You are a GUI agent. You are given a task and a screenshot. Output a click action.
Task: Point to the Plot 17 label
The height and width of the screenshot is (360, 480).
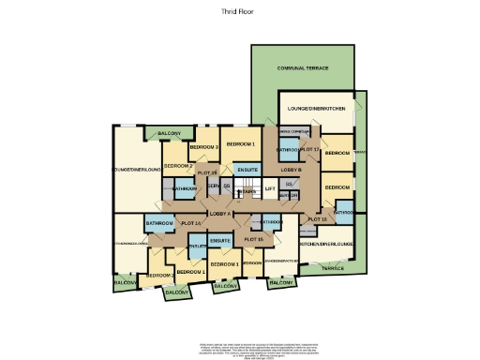pyautogui.click(x=310, y=150)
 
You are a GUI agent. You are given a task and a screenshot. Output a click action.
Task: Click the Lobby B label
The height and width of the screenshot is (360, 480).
pyautogui.click(x=290, y=169)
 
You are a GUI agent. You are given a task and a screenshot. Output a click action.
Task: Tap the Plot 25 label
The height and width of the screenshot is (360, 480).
pyautogui.click(x=207, y=173)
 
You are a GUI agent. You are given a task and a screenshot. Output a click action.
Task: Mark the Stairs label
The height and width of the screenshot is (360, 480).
pyautogui.click(x=247, y=191)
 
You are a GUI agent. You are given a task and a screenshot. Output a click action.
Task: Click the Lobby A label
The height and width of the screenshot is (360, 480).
pyautogui.click(x=220, y=215)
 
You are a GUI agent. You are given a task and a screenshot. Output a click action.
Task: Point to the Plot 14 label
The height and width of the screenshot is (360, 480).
pyautogui.click(x=191, y=223)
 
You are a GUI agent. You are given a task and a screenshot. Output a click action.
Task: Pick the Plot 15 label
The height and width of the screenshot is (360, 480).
pyautogui.click(x=253, y=240)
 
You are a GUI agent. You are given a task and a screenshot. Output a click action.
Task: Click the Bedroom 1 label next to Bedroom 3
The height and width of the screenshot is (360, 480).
pyautogui.click(x=241, y=143)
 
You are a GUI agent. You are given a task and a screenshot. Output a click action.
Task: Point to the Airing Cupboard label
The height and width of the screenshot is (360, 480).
pyautogui.click(x=293, y=132)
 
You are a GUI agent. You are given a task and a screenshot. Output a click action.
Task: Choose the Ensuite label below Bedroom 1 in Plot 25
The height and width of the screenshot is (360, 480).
pyautogui.click(x=247, y=169)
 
